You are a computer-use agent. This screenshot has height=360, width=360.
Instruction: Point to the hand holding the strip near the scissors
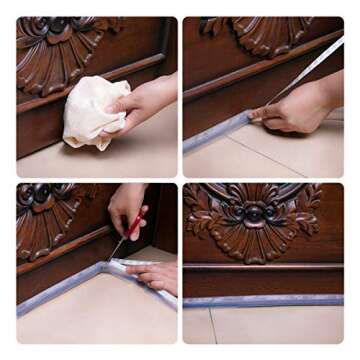(x=155, y=276)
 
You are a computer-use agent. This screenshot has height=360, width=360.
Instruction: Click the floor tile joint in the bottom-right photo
(x=214, y=325)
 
